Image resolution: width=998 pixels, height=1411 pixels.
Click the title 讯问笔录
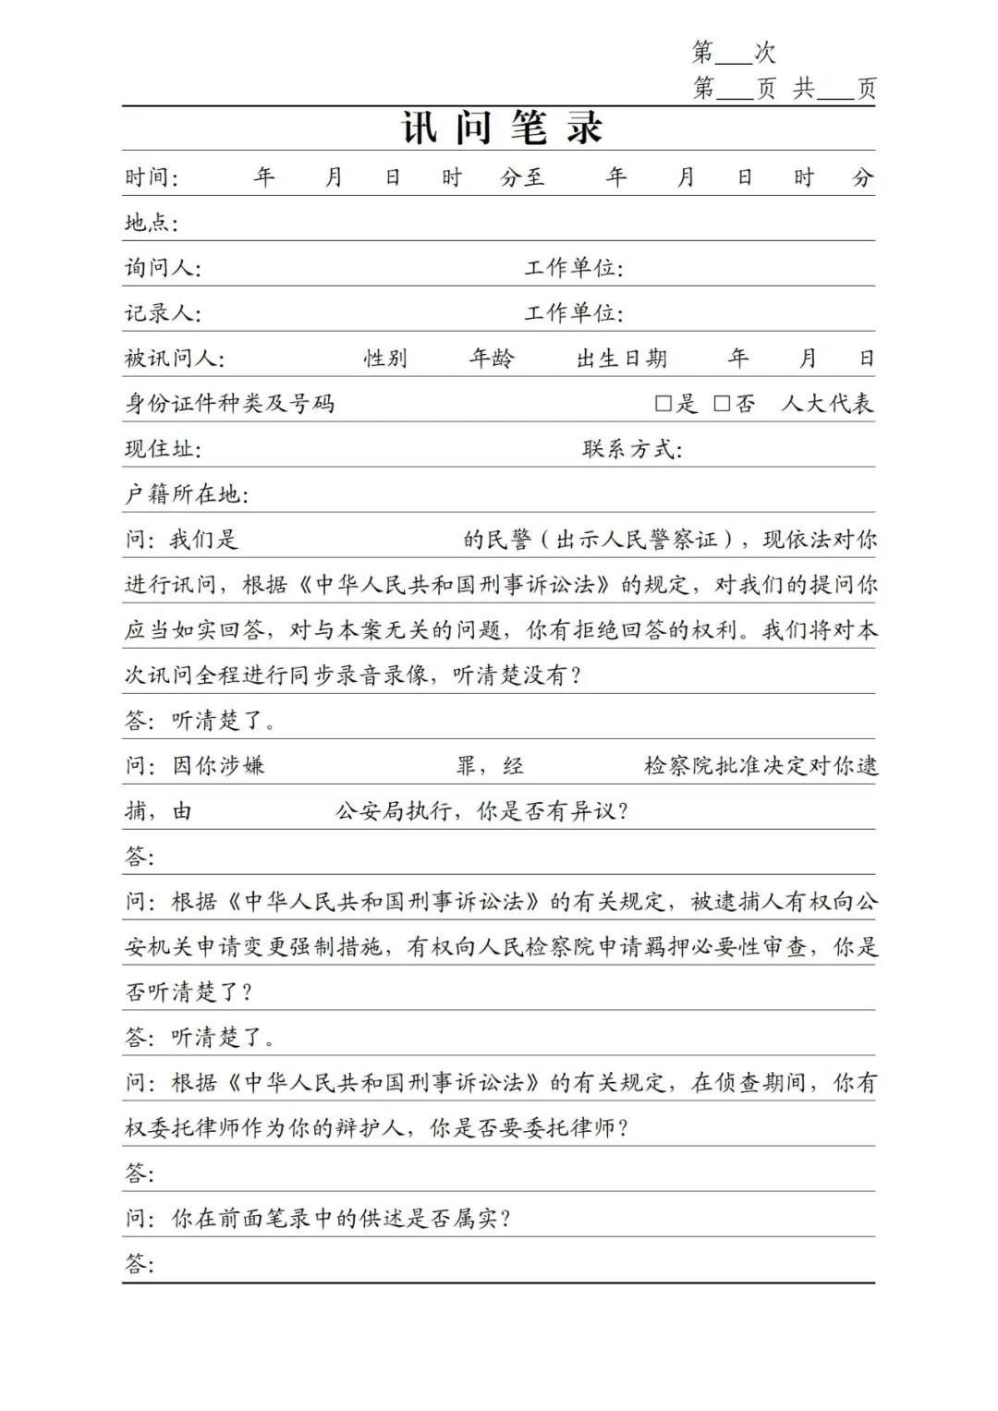(x=502, y=128)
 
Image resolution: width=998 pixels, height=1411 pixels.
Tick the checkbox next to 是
(x=663, y=404)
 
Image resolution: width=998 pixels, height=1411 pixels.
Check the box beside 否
(x=722, y=404)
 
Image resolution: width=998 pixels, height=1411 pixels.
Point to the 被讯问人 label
(x=173, y=359)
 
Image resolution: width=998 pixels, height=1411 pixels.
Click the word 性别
(x=385, y=359)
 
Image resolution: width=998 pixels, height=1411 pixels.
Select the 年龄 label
(x=492, y=359)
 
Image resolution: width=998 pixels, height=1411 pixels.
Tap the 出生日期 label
(x=621, y=359)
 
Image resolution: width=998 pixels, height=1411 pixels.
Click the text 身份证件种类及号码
(x=230, y=404)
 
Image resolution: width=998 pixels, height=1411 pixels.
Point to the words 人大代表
(x=827, y=404)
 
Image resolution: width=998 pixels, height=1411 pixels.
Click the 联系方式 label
(x=631, y=449)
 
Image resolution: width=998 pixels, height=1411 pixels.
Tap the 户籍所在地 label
(x=186, y=494)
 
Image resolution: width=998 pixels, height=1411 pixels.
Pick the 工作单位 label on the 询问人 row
(x=573, y=268)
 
